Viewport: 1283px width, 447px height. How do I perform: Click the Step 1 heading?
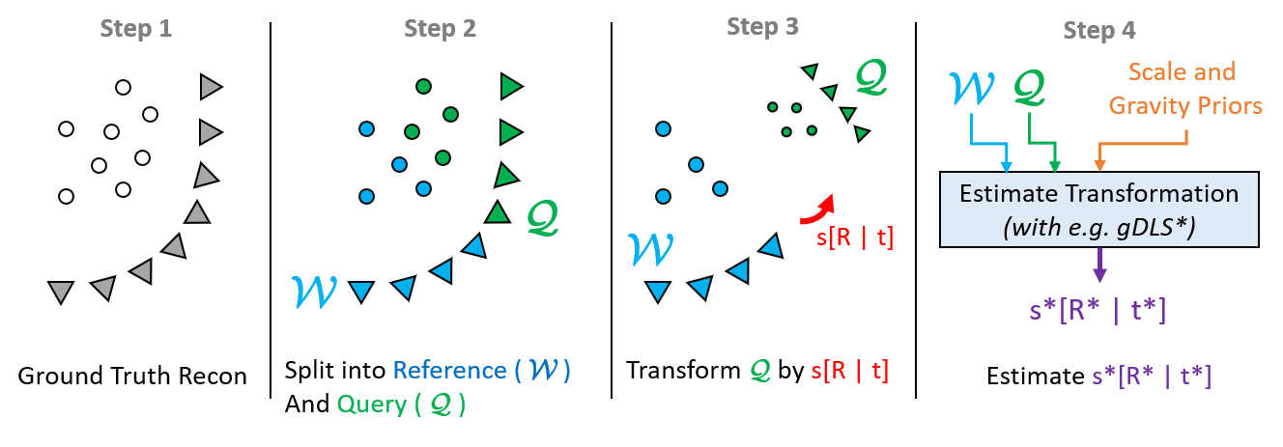[x=136, y=30]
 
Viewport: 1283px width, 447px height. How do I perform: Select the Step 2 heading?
[x=440, y=30]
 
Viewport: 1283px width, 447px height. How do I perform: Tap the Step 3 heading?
[x=762, y=27]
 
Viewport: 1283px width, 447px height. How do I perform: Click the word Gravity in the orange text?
[x=1149, y=105]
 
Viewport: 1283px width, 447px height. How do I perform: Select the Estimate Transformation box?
[x=1098, y=209]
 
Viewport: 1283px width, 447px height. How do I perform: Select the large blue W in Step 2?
[x=313, y=290]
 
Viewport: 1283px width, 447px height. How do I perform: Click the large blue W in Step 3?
[x=649, y=249]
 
